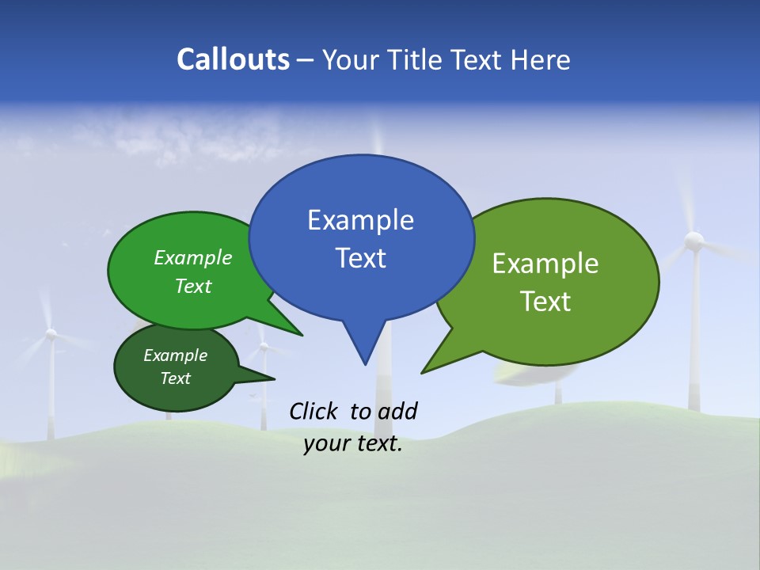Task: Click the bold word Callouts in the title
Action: pos(233,59)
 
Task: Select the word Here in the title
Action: pos(541,59)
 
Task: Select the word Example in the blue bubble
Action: pos(360,220)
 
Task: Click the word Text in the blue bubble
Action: pos(360,258)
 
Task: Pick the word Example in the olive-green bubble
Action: pos(545,264)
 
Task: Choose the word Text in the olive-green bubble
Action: pos(545,302)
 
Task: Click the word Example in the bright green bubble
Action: pos(193,258)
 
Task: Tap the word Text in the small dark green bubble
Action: pos(176,378)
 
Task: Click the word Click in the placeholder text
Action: pos(313,411)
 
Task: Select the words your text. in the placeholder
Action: pos(353,444)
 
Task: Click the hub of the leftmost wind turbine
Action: pos(51,334)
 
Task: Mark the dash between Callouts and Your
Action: pos(306,60)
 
